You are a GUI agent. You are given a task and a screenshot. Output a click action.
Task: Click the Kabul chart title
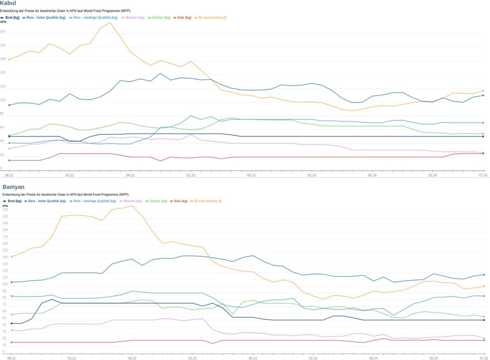pos(8,3)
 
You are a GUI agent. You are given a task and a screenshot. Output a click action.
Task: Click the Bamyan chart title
pos(14,187)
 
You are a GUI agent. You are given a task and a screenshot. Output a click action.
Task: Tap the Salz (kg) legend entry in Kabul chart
pos(184,18)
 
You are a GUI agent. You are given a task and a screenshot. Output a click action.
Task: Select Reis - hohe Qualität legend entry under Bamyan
pos(47,201)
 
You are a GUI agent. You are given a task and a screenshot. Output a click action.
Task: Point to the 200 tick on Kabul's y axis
pos(3,32)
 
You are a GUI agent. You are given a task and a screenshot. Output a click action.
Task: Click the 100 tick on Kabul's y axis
pos(3,100)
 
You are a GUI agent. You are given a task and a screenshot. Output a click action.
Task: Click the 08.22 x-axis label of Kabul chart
pos(130,175)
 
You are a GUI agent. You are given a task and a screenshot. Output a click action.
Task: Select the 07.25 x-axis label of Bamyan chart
pos(483,358)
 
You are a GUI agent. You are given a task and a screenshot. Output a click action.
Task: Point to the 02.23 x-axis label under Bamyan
pos(192,358)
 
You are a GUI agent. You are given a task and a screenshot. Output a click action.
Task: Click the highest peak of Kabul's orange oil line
pos(110,23)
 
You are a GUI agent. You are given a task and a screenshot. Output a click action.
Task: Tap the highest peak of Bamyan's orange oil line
pos(132,206)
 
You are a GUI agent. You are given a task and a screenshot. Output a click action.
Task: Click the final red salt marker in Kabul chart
pos(483,153)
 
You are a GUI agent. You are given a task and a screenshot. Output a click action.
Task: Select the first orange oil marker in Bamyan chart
pos(11,257)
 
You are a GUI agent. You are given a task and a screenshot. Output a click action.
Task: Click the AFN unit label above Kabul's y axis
pos(3,22)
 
